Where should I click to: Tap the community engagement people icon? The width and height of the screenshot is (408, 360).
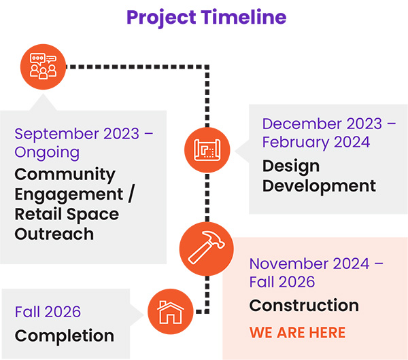click(x=43, y=65)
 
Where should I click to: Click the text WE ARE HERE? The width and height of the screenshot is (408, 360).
click(x=297, y=333)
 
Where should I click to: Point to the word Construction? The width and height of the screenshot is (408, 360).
click(x=303, y=306)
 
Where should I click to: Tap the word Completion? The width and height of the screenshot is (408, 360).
click(x=64, y=336)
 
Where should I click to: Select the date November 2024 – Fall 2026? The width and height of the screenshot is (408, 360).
click(x=316, y=272)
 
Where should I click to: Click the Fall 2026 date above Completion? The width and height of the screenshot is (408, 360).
click(x=48, y=312)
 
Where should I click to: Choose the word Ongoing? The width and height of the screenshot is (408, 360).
click(x=47, y=151)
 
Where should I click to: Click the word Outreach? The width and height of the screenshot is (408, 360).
click(x=54, y=234)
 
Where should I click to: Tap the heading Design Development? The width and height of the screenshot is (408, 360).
click(x=319, y=175)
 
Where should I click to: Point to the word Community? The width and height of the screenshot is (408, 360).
click(x=65, y=174)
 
